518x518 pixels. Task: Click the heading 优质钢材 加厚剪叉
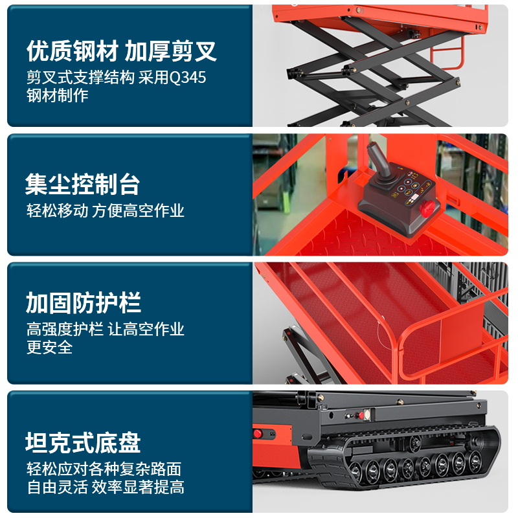coord(121,51)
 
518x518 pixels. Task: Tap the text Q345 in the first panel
coord(187,78)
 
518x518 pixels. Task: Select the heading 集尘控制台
coord(83,184)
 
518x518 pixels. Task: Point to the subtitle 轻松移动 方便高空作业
coord(106,211)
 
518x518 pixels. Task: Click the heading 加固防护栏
coord(84,302)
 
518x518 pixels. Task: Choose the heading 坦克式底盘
coord(83,442)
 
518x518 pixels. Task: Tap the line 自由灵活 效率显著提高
coord(106,488)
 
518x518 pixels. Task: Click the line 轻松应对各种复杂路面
coord(104,469)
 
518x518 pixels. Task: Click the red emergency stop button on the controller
coord(427,208)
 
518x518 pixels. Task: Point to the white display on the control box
coord(414,197)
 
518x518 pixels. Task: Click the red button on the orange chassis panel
coord(257,434)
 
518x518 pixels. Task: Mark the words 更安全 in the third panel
coord(50,347)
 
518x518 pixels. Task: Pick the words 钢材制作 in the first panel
coord(58,95)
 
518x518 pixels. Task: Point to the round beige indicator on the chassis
coord(367,414)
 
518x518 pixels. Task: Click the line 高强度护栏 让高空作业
coord(106,329)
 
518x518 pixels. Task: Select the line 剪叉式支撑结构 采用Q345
coord(117,78)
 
